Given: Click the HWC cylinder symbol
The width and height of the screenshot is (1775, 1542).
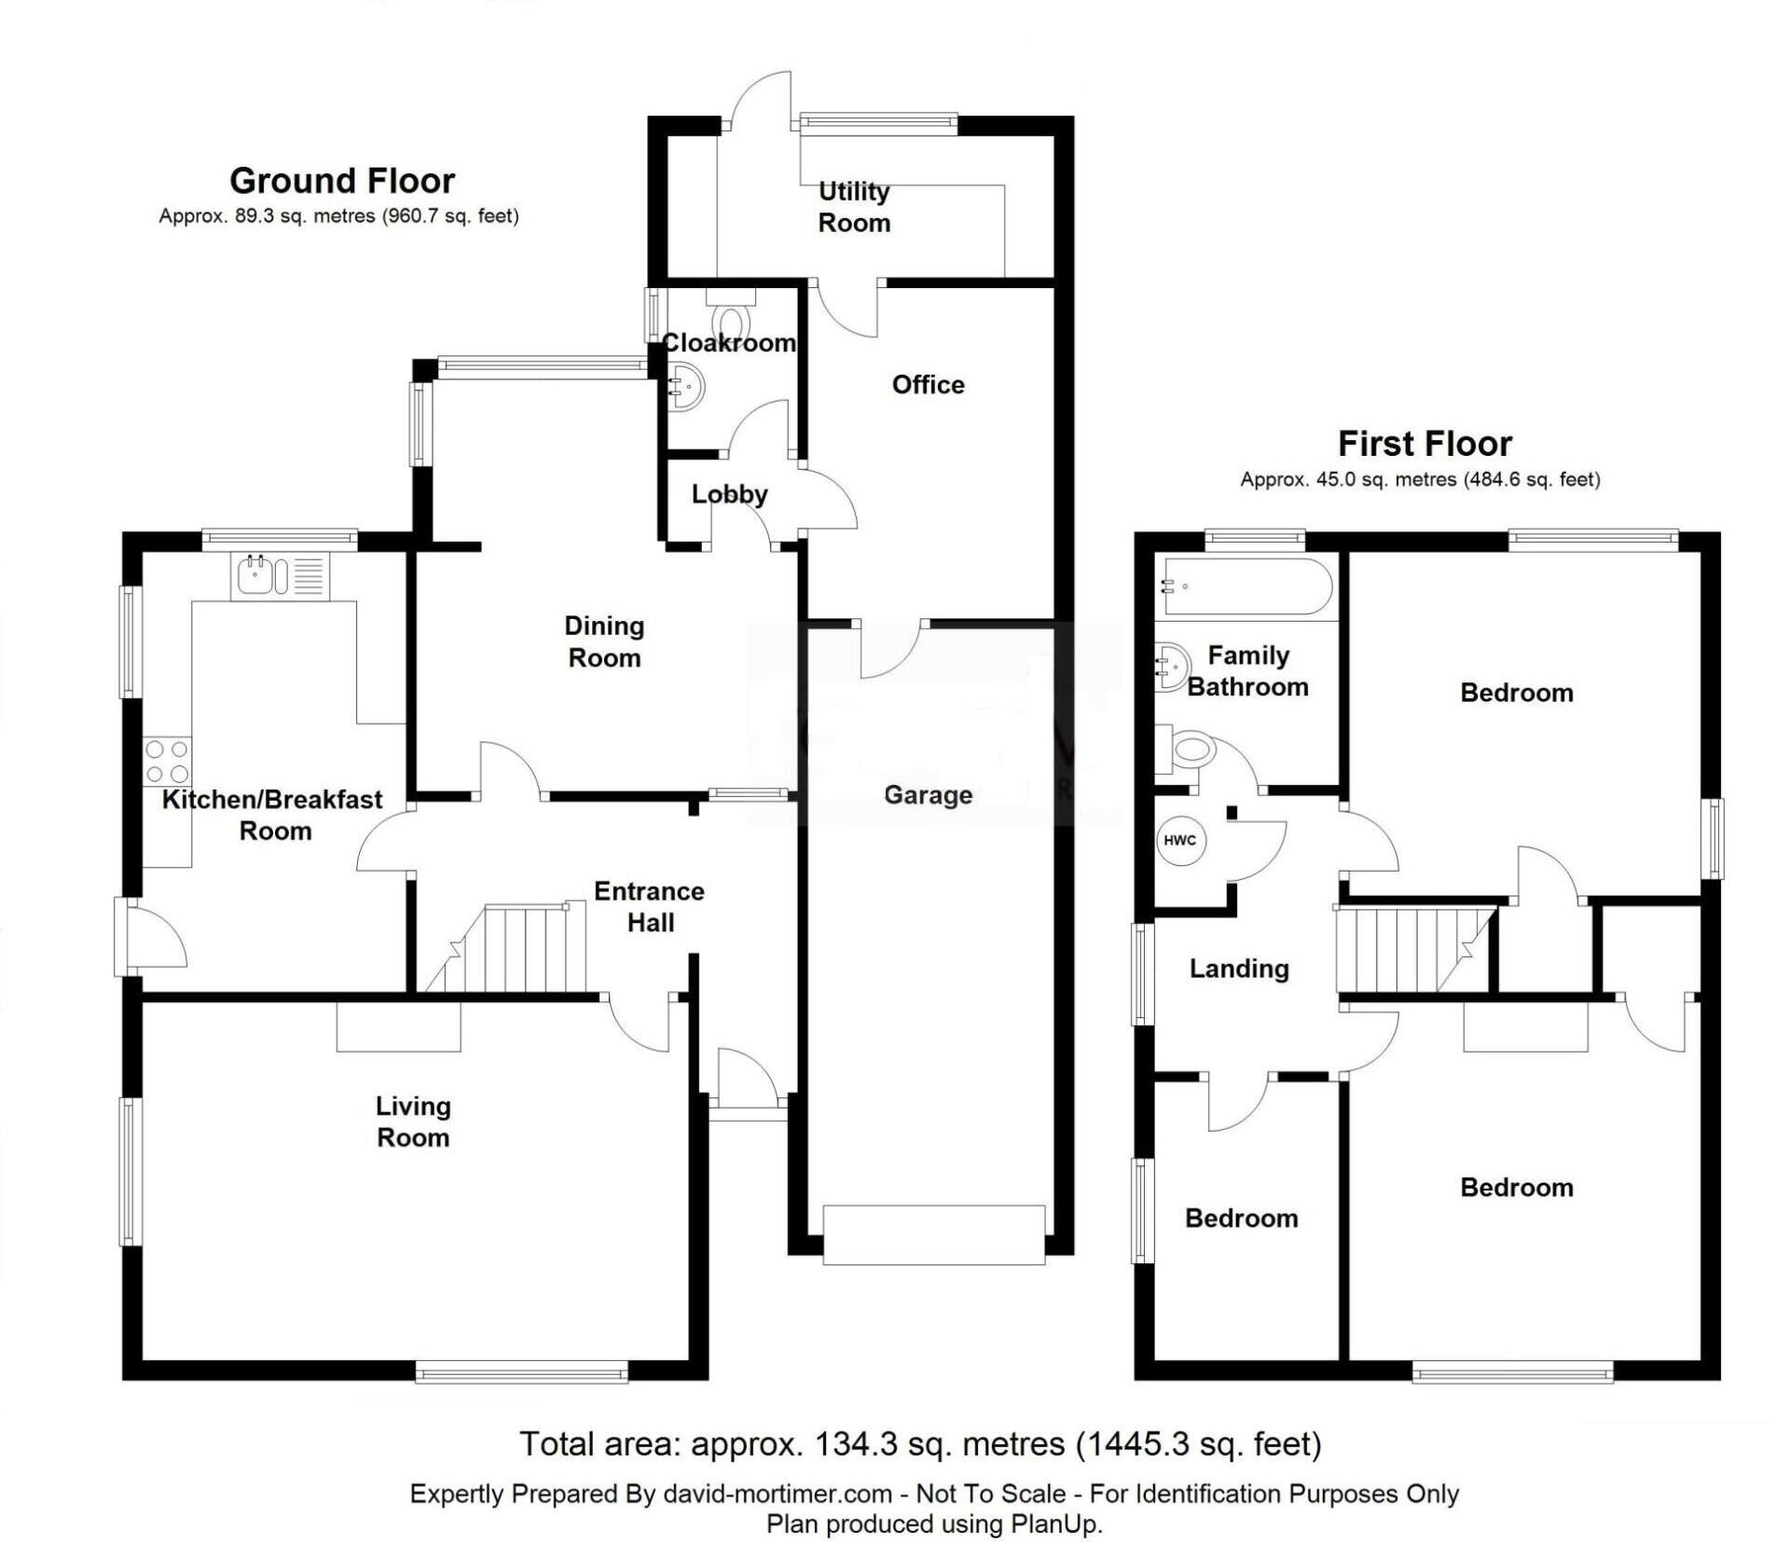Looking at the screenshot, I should point(1179,840).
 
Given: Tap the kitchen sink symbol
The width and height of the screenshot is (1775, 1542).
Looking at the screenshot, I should point(255,574).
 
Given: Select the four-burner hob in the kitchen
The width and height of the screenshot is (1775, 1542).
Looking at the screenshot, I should point(167,761).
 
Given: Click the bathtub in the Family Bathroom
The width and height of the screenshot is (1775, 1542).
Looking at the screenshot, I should point(1244,586).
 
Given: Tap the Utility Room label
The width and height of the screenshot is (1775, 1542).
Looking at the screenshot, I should point(854,207).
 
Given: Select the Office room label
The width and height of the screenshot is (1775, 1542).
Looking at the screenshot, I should point(928,384).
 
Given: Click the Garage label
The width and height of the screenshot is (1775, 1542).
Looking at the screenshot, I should point(928,795).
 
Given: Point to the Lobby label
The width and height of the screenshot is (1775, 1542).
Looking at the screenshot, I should point(729,494).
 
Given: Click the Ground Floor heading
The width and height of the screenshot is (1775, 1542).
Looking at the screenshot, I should point(342,180).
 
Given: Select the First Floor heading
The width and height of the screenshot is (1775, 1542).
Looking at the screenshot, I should point(1424,443).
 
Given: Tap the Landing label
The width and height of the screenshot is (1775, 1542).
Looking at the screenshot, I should point(1239,969).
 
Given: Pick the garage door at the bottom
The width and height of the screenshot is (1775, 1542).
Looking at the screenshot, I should point(933,1234).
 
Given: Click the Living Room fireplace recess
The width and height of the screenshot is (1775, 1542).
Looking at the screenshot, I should point(398,1026).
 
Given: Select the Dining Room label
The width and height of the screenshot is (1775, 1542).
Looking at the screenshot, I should point(604,641).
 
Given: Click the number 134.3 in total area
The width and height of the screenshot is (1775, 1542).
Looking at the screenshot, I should point(855,1444).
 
